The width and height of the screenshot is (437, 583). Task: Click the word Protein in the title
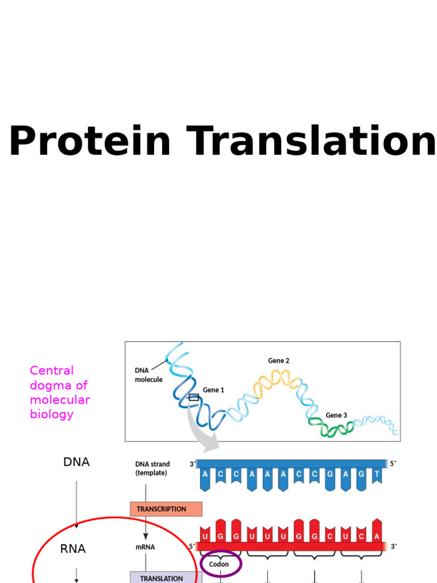(x=90, y=142)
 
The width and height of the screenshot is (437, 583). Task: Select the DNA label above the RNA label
(x=76, y=462)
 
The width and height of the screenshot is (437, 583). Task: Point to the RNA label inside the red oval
(x=73, y=549)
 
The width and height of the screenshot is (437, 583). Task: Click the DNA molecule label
(x=149, y=375)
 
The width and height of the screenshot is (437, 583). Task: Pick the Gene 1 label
(x=213, y=390)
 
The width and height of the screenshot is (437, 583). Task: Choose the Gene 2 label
(x=279, y=361)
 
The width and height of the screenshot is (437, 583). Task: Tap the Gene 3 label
(x=336, y=415)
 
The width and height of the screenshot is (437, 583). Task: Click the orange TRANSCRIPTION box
(x=166, y=509)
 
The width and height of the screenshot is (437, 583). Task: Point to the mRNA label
(x=146, y=547)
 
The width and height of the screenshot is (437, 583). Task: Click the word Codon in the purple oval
(x=219, y=564)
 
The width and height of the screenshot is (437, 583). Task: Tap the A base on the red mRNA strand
(x=376, y=536)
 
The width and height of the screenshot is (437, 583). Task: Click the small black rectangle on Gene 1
(x=194, y=397)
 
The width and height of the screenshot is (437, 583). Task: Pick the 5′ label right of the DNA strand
(x=393, y=464)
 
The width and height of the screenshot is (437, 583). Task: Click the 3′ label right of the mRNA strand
(x=393, y=547)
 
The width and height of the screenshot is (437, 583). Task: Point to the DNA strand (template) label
(x=152, y=469)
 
